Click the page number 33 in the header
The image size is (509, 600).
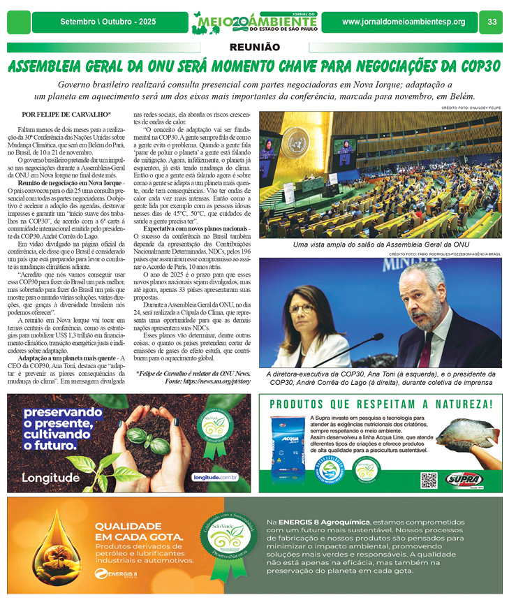(x=492, y=22)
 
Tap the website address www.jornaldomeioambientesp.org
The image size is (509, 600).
(x=403, y=22)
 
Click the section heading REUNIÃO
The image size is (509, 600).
(x=254, y=47)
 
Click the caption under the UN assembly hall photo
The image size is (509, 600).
(x=381, y=244)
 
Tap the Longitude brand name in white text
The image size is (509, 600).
(x=50, y=478)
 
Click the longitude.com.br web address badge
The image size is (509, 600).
(x=214, y=478)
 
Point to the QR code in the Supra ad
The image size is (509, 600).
(x=429, y=480)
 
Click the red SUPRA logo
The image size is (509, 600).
(x=466, y=479)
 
